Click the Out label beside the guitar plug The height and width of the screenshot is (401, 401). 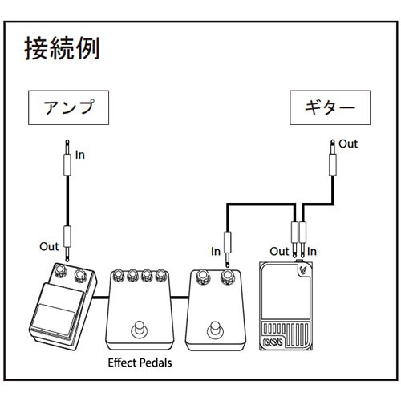click(347, 144)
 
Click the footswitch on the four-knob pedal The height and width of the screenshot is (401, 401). click(140, 329)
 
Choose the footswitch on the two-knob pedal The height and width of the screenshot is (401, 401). click(214, 329)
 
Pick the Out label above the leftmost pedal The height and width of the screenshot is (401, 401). click(49, 245)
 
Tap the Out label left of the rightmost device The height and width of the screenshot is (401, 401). click(278, 251)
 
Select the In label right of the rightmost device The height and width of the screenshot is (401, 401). click(312, 251)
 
